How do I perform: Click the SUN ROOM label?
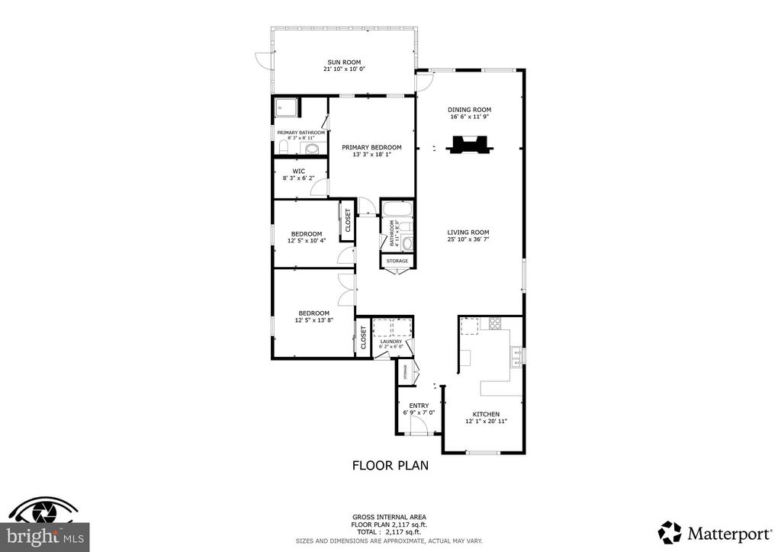344,63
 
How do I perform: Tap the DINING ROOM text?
469,110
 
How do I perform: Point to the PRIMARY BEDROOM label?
371,147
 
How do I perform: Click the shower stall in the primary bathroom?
287,109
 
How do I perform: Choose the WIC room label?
300,171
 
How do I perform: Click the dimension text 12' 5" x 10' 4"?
305,241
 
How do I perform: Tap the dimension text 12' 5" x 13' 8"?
313,320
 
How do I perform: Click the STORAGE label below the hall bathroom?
397,262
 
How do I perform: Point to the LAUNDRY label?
401,342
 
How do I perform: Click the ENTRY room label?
419,406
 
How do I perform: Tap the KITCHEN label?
486,414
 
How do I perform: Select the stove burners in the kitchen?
497,323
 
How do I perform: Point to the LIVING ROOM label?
468,233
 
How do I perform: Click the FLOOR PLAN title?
390,465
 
